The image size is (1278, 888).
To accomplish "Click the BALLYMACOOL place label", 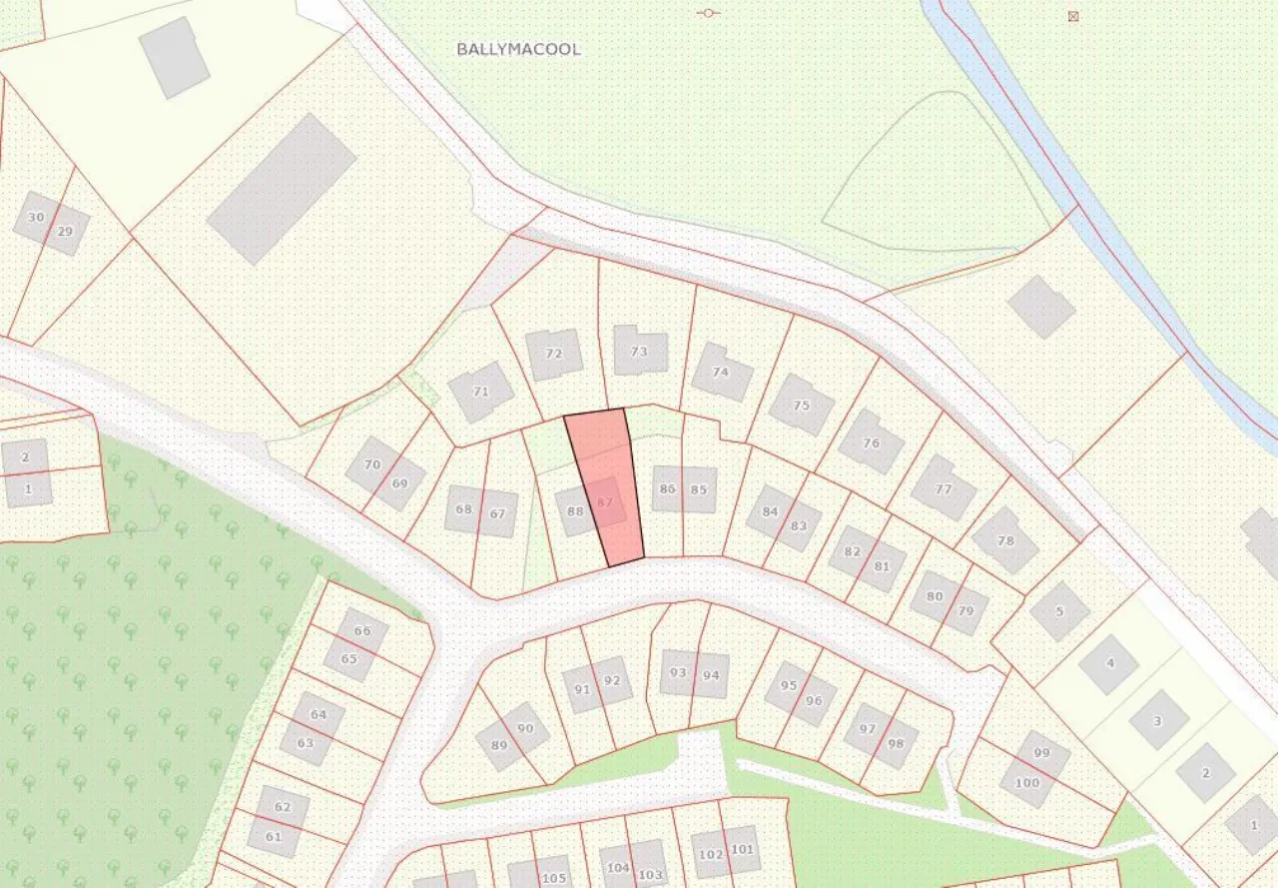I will (x=518, y=49).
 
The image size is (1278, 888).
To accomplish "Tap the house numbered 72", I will (x=554, y=355).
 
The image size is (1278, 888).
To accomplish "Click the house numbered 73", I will (x=639, y=352).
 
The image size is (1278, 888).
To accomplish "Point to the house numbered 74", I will (x=721, y=373).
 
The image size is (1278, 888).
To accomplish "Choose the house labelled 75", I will (x=802, y=406).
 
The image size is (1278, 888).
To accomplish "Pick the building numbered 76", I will (x=871, y=443).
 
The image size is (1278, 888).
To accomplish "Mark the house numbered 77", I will (x=944, y=488).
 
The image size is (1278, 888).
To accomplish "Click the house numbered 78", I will (x=1004, y=540).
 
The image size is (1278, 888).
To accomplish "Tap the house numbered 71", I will (x=480, y=392).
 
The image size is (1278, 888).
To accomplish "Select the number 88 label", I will (x=575, y=511).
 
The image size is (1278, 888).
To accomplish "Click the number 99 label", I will (x=1042, y=752).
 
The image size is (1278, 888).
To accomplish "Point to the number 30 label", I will (x=36, y=217).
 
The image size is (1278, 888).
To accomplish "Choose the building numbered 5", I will (x=1059, y=611).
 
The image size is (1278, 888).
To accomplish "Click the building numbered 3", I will (x=1158, y=720).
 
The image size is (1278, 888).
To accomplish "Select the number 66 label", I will (x=362, y=630).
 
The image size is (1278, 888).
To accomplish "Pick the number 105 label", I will (x=553, y=878).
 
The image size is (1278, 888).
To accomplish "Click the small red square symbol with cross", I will (x=1073, y=16).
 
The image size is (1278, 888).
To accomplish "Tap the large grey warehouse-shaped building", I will (x=282, y=189).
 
